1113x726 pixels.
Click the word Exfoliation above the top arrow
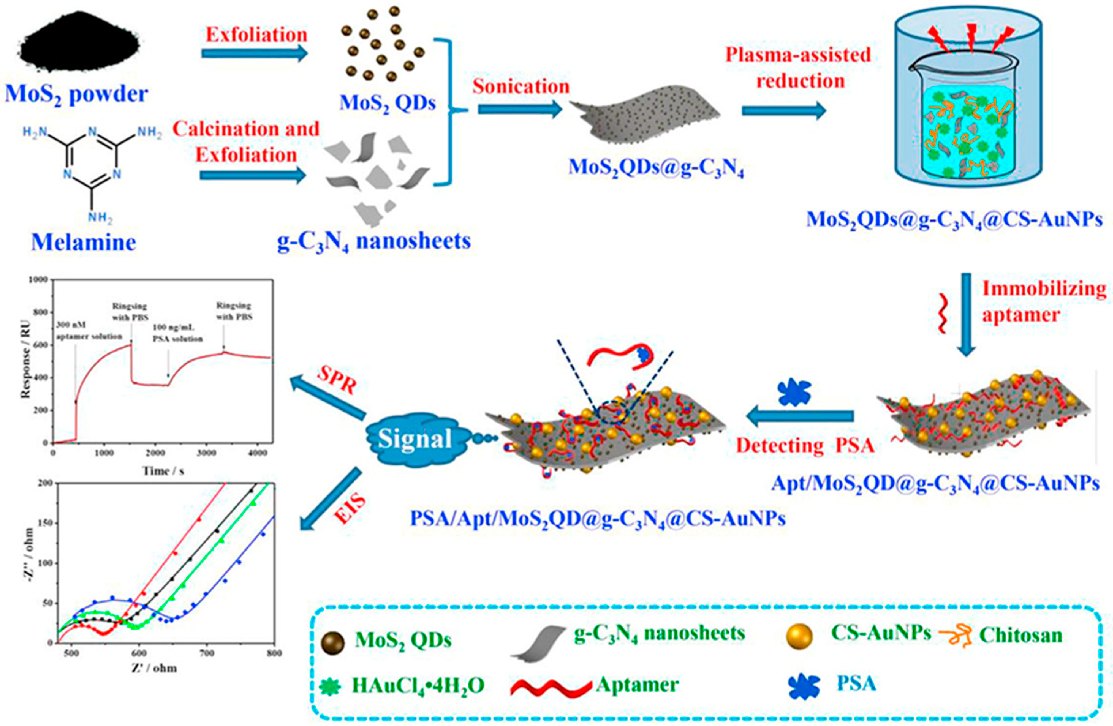256,35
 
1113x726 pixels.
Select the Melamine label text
84,242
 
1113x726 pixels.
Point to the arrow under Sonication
519,109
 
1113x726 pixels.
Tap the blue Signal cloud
414,438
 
